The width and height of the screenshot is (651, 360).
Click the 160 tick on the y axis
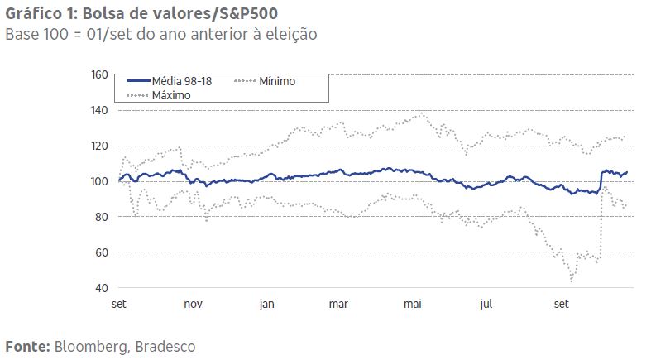pyautogui.click(x=99, y=75)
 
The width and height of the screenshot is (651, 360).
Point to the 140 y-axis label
pyautogui.click(x=99, y=110)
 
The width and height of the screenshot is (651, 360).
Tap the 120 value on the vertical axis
pyautogui.click(x=99, y=146)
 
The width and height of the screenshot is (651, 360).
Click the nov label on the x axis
pyautogui.click(x=193, y=304)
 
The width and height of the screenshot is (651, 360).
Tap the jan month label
pyautogui.click(x=266, y=304)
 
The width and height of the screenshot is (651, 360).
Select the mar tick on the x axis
pyautogui.click(x=338, y=304)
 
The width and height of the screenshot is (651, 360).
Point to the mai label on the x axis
pyautogui.click(x=412, y=304)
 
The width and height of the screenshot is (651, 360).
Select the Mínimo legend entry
pyautogui.click(x=277, y=81)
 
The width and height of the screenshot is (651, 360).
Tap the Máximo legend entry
pyautogui.click(x=171, y=95)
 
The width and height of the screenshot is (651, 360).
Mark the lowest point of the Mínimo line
pyautogui.click(x=572, y=281)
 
